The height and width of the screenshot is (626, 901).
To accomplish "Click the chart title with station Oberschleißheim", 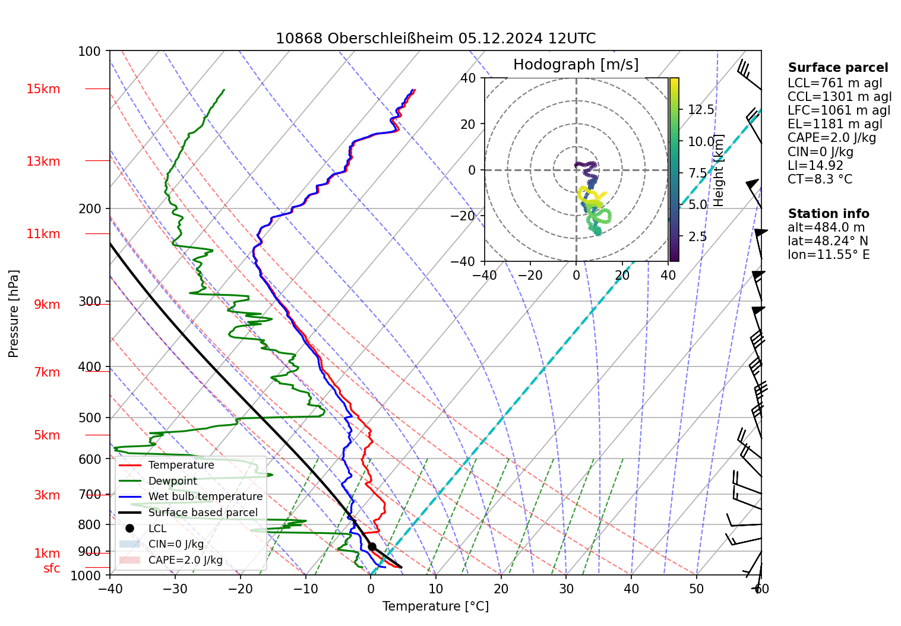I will [x=435, y=39].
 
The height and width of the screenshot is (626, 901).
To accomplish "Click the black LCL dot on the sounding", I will [x=372, y=547].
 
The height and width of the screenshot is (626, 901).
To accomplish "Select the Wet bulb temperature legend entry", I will [x=205, y=497].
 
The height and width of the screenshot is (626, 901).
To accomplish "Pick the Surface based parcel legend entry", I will [x=203, y=513].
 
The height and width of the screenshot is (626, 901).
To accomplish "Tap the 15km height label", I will [x=43, y=89].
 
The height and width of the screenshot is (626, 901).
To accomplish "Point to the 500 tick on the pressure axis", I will [x=90, y=418].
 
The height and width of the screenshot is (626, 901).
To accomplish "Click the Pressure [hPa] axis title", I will [x=14, y=314].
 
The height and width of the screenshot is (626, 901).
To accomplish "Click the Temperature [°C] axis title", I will [x=435, y=606].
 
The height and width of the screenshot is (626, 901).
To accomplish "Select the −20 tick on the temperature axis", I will [x=240, y=589].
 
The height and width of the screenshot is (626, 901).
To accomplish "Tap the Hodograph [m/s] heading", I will [x=576, y=65].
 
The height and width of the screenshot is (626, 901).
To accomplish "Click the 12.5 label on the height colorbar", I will [x=701, y=110].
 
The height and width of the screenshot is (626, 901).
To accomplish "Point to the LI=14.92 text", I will [x=815, y=166].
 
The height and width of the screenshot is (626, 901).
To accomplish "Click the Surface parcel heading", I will [x=837, y=68].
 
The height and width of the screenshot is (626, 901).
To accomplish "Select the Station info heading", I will [x=828, y=214].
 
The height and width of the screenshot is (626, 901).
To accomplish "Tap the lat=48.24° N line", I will [x=827, y=241].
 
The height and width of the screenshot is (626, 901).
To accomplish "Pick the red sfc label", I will [x=52, y=568].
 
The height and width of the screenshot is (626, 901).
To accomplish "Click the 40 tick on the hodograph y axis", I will [x=469, y=78].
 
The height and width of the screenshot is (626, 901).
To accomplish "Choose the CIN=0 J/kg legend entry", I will [x=176, y=544].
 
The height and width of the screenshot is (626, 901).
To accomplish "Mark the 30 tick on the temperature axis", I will [x=566, y=589].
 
